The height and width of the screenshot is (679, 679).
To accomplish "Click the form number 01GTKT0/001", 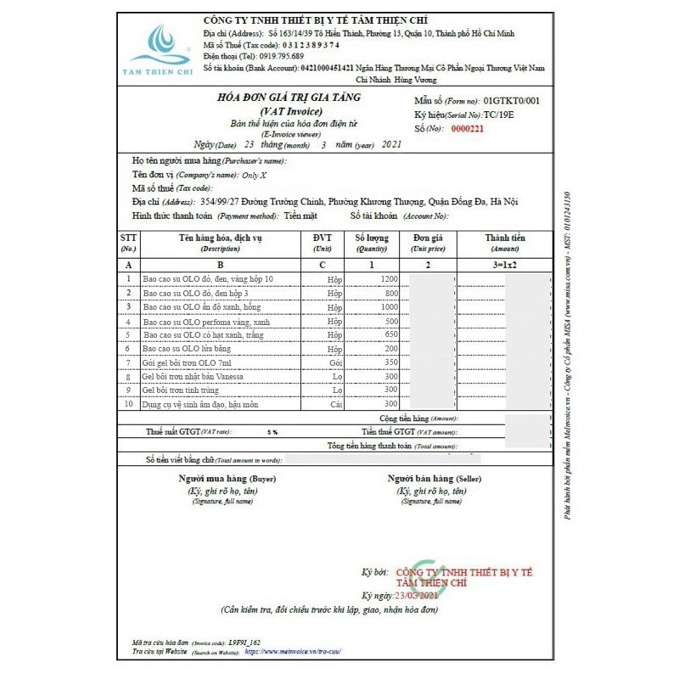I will pos(513,101).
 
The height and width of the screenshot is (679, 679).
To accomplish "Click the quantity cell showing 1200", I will pos(389,279).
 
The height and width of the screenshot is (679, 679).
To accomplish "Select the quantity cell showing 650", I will pos(390,335).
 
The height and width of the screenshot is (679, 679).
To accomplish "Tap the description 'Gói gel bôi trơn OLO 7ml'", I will pos(193,362).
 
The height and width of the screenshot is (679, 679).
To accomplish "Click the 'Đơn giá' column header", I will pos(429,238).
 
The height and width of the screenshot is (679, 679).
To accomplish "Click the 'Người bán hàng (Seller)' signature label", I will pos(435,480).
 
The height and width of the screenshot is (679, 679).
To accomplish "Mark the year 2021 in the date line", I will pos(391,145).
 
